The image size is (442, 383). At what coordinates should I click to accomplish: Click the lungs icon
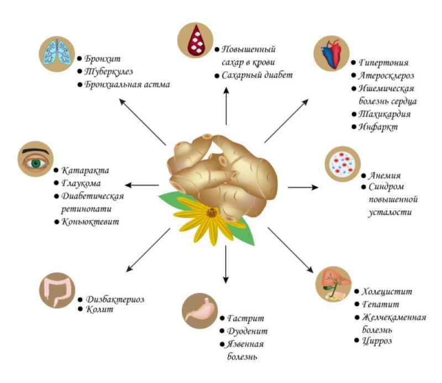point(56,54)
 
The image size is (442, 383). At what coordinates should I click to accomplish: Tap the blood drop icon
point(195,40)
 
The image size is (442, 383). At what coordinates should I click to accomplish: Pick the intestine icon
point(57,289)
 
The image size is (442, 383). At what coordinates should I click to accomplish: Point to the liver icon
point(333,284)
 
